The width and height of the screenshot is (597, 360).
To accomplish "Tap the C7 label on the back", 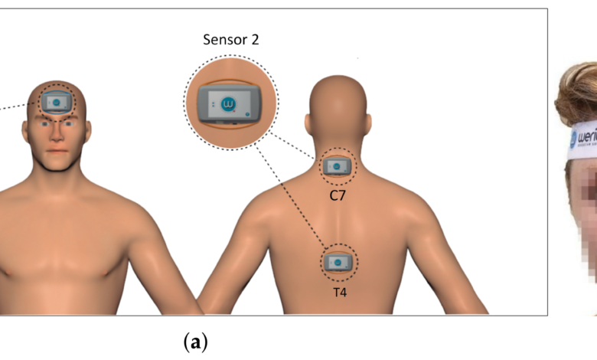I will point(338,195).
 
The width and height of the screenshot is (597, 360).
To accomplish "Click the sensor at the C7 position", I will point(338,165).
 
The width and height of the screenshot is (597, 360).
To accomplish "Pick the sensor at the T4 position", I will point(337,263).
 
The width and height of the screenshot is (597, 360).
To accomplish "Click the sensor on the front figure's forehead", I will point(57,100).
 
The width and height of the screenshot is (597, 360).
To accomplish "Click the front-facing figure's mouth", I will point(57,150).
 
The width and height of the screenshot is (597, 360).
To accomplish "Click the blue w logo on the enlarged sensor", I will point(227,102).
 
